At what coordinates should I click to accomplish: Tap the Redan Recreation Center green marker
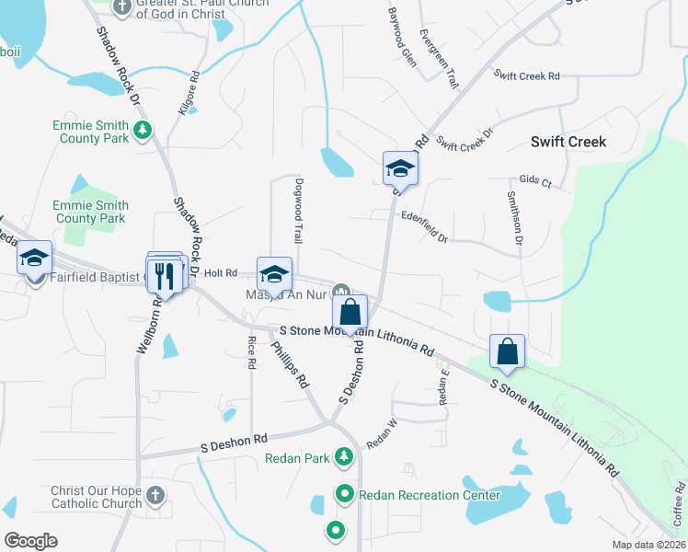(345, 495)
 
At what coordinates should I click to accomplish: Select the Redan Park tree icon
(344, 456)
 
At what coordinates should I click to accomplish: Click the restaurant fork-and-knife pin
(166, 272)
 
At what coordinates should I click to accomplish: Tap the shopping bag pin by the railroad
(507, 351)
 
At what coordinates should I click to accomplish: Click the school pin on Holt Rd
(274, 274)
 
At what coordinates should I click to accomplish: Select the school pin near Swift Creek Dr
(400, 168)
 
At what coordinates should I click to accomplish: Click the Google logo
(30, 540)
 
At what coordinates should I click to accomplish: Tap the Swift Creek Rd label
(526, 75)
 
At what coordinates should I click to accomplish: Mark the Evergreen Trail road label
(438, 59)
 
